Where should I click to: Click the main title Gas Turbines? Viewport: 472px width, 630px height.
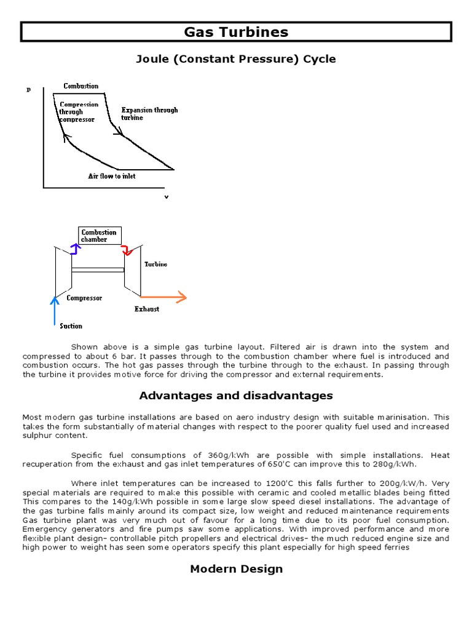pyautogui.click(x=236, y=32)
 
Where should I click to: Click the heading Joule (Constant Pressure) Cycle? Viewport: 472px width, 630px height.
pyautogui.click(x=236, y=59)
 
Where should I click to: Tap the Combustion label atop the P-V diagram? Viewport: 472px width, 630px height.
pyautogui.click(x=81, y=86)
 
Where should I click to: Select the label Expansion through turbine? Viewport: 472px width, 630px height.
pyautogui.click(x=149, y=114)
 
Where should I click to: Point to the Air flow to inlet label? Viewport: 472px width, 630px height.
pyautogui.click(x=111, y=176)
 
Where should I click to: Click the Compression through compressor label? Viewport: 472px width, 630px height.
pyautogui.click(x=78, y=112)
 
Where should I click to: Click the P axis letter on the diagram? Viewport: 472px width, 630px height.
pyautogui.click(x=28, y=90)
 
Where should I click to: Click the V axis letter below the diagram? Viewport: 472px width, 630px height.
pyautogui.click(x=165, y=197)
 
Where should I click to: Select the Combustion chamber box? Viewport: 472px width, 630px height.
pyautogui.click(x=100, y=236)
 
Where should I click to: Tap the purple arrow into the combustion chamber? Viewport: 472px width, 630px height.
pyautogui.click(x=74, y=249)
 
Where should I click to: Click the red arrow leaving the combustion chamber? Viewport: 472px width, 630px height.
pyautogui.click(x=126, y=249)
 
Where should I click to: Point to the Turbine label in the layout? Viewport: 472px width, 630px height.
pyautogui.click(x=155, y=264)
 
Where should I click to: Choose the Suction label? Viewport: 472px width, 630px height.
pyautogui.click(x=71, y=325)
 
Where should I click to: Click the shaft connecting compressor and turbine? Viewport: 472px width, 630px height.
pyautogui.click(x=98, y=269)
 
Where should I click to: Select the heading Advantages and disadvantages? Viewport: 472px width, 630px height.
pyautogui.click(x=236, y=395)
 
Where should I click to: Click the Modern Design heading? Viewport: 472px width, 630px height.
pyautogui.click(x=236, y=568)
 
